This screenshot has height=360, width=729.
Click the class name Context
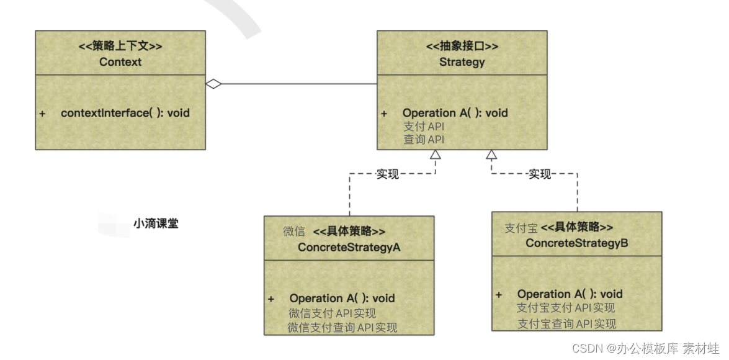[120, 62]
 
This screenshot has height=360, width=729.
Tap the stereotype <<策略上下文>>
[120, 47]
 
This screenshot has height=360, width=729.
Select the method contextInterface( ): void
[125, 113]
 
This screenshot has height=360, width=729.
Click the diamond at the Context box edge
[213, 84]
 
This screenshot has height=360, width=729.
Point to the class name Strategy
[462, 62]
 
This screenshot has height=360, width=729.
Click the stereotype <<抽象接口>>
[462, 47]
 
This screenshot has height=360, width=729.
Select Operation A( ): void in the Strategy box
[455, 113]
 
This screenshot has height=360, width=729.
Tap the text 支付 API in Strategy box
[424, 127]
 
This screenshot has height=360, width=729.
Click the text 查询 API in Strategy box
[424, 140]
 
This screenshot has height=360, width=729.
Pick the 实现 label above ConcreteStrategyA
[388, 174]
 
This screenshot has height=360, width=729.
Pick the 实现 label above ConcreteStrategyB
[539, 174]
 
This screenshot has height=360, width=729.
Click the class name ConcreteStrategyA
[349, 247]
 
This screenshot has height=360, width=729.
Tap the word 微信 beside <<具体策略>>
[294, 232]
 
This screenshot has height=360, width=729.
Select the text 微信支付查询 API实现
[342, 327]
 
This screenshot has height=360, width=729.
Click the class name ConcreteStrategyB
[577, 243]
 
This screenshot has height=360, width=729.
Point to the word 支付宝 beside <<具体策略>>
[521, 228]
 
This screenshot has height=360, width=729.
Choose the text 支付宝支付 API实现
[566, 308]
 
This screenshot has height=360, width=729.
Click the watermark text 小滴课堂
[156, 224]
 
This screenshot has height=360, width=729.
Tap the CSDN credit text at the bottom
[645, 348]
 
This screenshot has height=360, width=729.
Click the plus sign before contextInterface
[42, 114]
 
